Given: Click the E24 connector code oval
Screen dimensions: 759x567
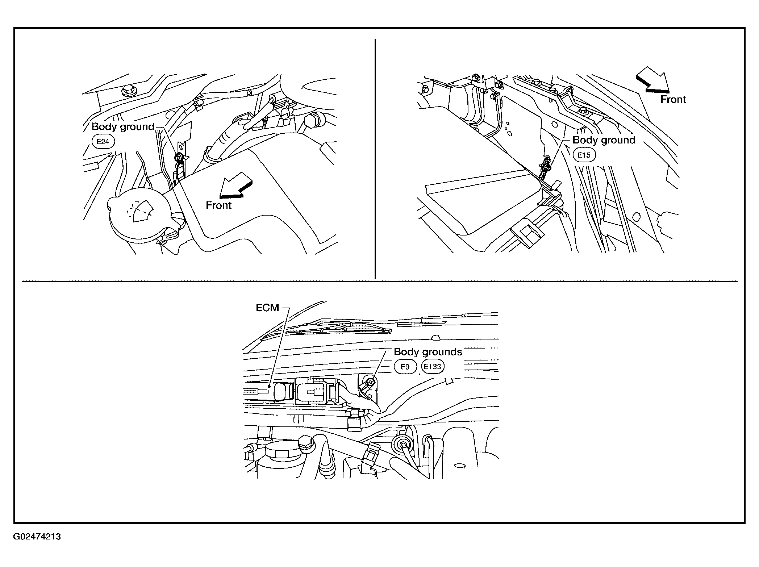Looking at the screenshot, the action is [103, 141].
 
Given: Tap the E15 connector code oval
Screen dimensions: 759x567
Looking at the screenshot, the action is [584, 155].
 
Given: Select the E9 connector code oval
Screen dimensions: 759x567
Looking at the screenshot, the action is [405, 367].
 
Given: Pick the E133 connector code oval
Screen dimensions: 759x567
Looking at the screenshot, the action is [433, 367].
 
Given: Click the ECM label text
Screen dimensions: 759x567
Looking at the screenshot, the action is [267, 308].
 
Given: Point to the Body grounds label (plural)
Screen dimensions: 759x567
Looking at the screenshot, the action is [428, 352].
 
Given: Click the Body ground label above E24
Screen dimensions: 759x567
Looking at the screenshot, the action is [123, 127].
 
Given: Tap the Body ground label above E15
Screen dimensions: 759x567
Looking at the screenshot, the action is [604, 140].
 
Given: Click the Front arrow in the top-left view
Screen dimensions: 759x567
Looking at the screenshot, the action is [236, 185].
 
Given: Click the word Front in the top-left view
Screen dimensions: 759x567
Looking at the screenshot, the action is [218, 205].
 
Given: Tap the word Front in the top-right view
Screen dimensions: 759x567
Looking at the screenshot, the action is [673, 100].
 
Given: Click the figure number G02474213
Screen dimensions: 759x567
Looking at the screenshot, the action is [37, 537].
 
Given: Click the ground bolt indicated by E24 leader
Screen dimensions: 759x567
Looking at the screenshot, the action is [178, 158].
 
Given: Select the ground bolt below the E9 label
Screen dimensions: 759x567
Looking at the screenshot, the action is [369, 381].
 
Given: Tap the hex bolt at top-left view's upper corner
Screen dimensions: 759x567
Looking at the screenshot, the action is [127, 89].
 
